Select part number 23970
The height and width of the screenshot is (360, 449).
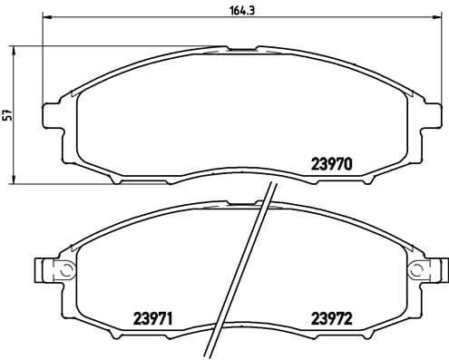(332, 165)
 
